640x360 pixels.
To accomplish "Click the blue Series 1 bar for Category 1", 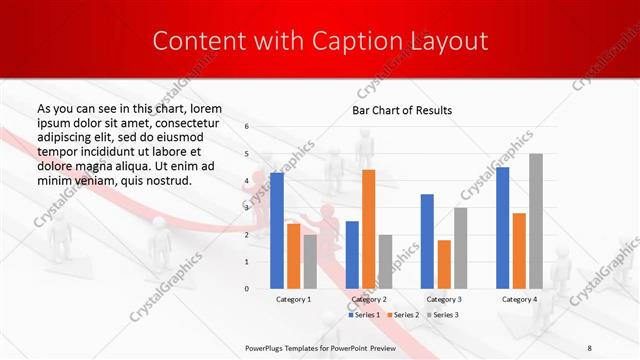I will (x=277, y=230).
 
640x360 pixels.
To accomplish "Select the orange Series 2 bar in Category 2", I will (x=368, y=229).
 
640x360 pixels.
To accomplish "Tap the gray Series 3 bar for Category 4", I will (x=536, y=220).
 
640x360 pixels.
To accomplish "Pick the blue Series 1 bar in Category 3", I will (x=427, y=241).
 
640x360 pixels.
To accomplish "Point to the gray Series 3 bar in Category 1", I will (x=310, y=261).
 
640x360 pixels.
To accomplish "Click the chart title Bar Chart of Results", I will (x=402, y=110).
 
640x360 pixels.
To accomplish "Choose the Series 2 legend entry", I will (x=403, y=315).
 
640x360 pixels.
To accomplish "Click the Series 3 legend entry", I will (x=443, y=315).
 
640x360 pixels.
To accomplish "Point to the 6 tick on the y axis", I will (x=247, y=127).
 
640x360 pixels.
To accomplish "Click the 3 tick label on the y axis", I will (x=247, y=208).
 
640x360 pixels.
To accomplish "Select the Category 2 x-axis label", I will (x=369, y=299).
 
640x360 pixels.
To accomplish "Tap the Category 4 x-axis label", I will (x=519, y=299).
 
